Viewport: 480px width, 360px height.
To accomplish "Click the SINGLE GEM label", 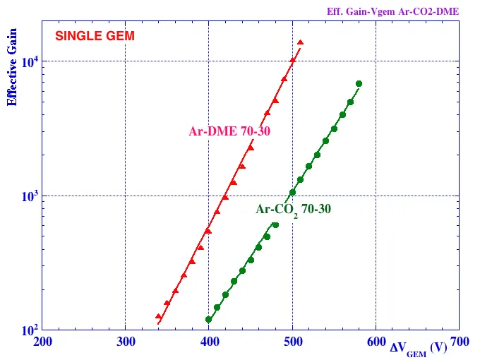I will (95, 36).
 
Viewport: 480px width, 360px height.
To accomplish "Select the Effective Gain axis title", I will (12, 63).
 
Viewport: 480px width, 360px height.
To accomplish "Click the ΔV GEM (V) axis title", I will (418, 347).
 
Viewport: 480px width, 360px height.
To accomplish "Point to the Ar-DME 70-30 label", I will (229, 131).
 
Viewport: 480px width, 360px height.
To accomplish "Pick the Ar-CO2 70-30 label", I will (293, 210).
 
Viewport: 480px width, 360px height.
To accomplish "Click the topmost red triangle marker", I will (301, 42).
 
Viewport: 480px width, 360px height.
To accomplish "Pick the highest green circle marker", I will (359, 83).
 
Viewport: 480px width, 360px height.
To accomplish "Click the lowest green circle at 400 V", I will (209, 319).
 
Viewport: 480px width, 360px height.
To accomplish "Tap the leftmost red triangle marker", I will (159, 316).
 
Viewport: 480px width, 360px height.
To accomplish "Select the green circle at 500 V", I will (292, 193).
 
